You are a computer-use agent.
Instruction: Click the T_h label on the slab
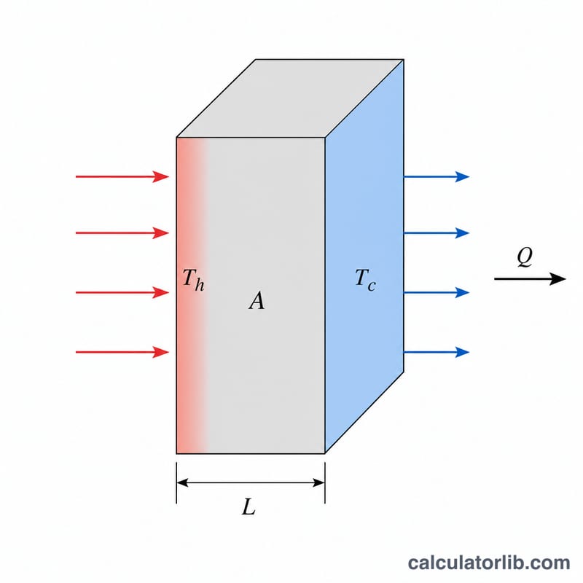(193, 280)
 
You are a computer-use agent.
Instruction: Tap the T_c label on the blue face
(366, 280)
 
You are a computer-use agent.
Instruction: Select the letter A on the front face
(257, 300)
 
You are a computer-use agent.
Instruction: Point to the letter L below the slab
(249, 506)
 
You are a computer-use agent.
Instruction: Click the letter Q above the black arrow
(525, 257)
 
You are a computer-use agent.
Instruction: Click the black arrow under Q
(530, 278)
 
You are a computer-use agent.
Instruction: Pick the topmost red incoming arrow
(122, 176)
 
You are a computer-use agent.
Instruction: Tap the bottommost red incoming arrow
(122, 352)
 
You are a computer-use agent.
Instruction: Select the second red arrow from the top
(122, 233)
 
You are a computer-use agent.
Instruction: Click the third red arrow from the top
(122, 293)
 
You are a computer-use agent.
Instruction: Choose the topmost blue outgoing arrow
(437, 176)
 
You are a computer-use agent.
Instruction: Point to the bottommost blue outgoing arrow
(437, 352)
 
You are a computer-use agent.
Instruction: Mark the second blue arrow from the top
(437, 233)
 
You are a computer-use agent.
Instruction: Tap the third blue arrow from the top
(437, 293)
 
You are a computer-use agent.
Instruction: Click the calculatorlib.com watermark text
(489, 563)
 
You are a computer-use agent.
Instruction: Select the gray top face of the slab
(290, 98)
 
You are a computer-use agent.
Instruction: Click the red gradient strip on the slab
(192, 296)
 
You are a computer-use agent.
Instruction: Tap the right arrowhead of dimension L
(318, 482)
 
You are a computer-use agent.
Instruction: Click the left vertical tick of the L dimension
(176, 482)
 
